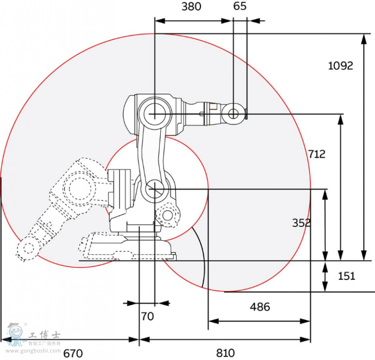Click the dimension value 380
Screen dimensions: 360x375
191,7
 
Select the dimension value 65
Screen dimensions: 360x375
240,7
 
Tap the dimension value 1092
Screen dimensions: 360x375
340,66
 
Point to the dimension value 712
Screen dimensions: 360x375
317,154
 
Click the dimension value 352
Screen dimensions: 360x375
301,223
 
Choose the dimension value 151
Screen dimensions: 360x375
346,276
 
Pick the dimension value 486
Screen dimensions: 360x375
260,307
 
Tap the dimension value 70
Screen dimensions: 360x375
147,316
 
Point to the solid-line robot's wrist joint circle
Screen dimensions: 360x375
233,112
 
